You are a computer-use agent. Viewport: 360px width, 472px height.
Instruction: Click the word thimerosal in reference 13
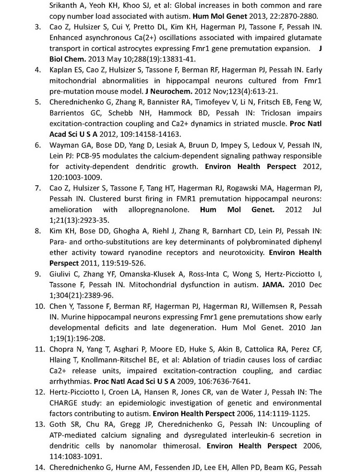(x=171, y=446)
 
